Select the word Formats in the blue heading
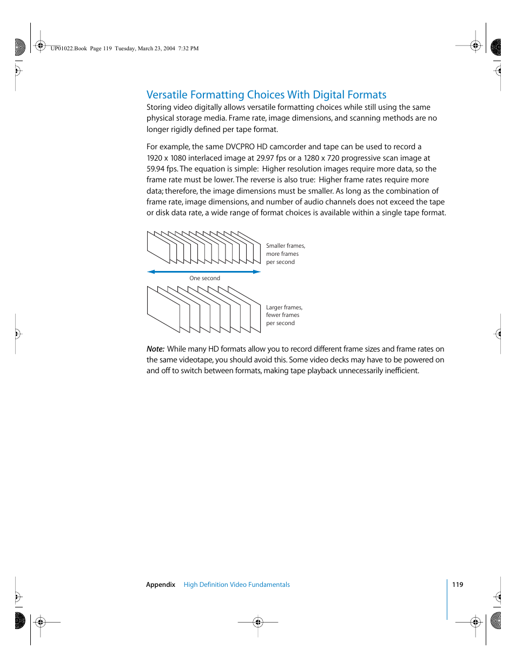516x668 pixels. click(x=367, y=95)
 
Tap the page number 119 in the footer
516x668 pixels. click(x=458, y=585)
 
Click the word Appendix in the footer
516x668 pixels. click(x=161, y=585)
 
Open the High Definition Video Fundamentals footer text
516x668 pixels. click(x=236, y=585)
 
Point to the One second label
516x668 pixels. click(x=204, y=279)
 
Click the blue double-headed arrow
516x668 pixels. click(x=204, y=272)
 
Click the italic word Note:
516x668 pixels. click(x=155, y=349)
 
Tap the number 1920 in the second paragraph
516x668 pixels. click(x=154, y=158)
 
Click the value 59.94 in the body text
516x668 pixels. click(x=155, y=169)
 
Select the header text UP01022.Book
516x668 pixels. click(x=69, y=49)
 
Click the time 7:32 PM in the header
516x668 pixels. click(x=188, y=49)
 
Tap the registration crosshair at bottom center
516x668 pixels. click(x=258, y=622)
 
